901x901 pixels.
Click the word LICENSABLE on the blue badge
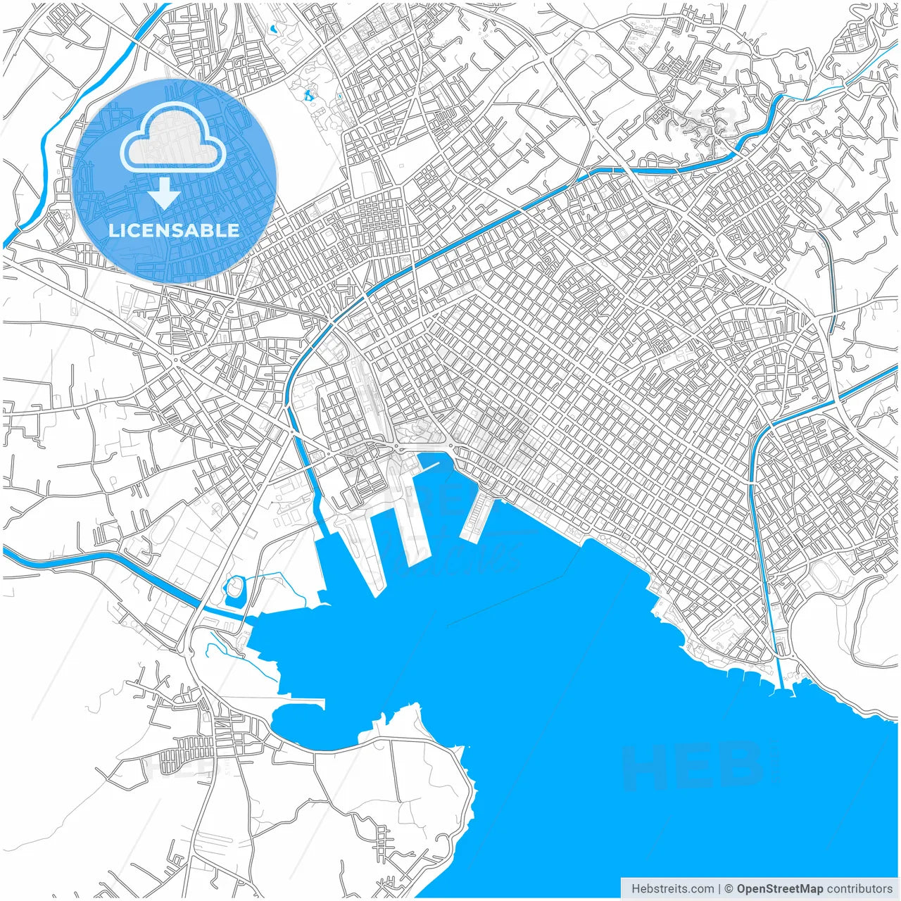coord(174,231)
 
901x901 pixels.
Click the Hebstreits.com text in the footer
coord(672,889)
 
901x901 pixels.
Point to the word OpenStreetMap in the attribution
coord(780,889)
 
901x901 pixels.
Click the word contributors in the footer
coord(859,889)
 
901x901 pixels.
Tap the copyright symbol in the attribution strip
coord(729,889)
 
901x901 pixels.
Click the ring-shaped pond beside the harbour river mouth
coord(234,590)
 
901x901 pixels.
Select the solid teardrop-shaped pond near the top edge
coord(272,30)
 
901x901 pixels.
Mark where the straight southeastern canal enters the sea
coord(781,686)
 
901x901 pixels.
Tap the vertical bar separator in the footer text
coord(719,889)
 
